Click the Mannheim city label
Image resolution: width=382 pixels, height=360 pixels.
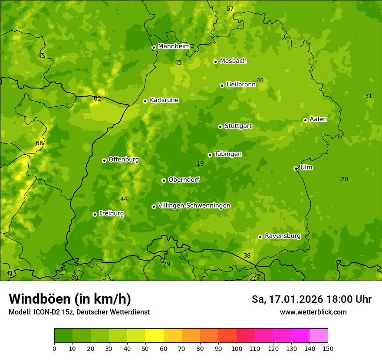click(x=174, y=46)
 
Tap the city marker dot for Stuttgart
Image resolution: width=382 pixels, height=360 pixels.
click(x=220, y=127)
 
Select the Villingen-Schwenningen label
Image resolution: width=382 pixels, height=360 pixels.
click(x=194, y=206)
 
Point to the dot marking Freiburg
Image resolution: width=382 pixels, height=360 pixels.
click(x=95, y=214)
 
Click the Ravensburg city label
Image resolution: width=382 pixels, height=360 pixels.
click(x=283, y=236)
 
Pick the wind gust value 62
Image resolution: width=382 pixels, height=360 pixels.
click(x=97, y=99)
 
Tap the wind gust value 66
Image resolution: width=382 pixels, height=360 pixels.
click(x=40, y=144)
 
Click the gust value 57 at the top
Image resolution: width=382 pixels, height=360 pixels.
click(x=230, y=9)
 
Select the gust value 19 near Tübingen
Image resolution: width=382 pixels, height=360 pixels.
click(x=200, y=164)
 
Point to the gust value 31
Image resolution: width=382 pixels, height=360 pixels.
click(x=369, y=96)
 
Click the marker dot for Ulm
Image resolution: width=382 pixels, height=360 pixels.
click(x=296, y=168)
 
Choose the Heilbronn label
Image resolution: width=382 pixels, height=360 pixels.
click(x=241, y=85)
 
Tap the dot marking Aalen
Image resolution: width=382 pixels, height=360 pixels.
click(x=305, y=120)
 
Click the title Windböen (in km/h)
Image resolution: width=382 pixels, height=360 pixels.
click(x=70, y=299)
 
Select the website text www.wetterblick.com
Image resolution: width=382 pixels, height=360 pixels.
click(x=313, y=312)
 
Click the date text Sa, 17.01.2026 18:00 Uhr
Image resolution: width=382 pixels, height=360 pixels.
click(x=311, y=299)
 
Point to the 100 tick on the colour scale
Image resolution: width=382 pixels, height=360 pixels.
click(x=237, y=349)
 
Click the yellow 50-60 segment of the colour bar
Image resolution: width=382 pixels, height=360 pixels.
click(x=155, y=336)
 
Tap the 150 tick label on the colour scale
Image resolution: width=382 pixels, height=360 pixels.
click(x=328, y=349)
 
